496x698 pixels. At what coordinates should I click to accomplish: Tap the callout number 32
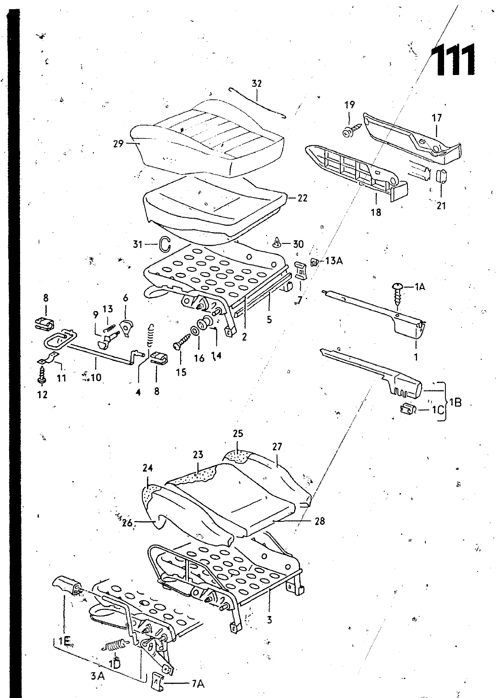coord(257,83)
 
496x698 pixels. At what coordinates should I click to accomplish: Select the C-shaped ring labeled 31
coord(165,244)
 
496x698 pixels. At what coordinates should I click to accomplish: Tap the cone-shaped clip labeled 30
coord(277,243)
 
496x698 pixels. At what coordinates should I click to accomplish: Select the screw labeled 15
coord(181,342)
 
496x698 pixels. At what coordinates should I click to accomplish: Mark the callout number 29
coord(118,144)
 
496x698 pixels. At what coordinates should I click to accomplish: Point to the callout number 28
coord(319,521)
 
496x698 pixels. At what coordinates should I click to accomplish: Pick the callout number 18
coord(376,212)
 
